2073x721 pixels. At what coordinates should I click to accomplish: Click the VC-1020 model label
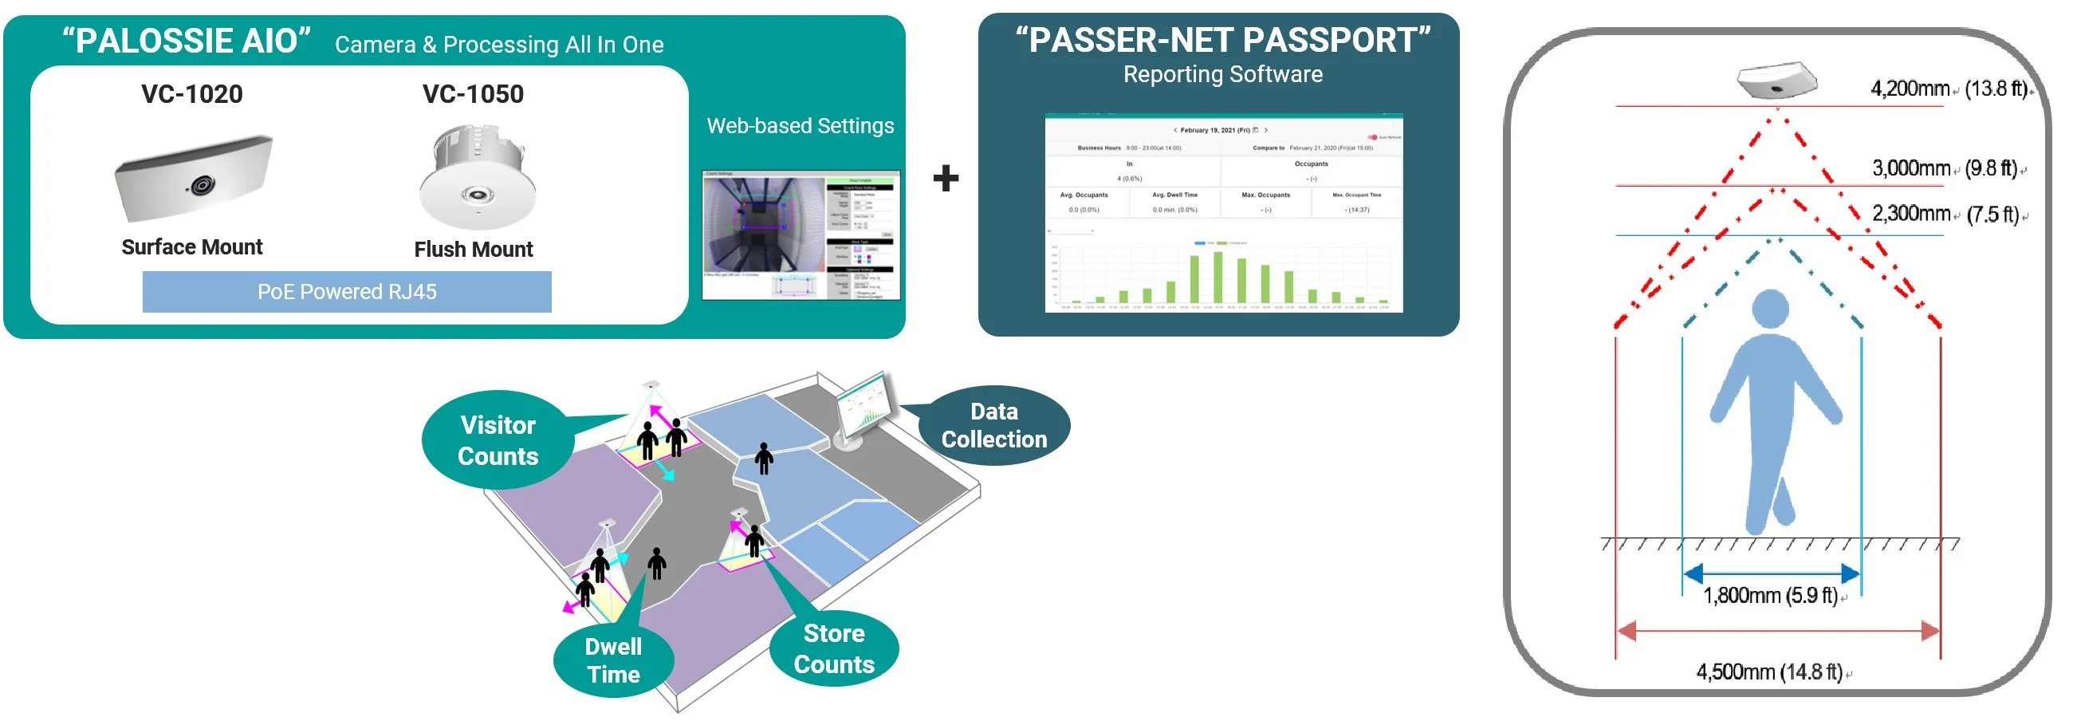[191, 94]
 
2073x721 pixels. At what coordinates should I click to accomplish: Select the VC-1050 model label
[473, 94]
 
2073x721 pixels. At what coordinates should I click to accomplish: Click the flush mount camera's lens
[477, 194]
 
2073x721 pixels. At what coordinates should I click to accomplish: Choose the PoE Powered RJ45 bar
[347, 292]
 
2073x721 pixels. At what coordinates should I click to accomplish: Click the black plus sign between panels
[946, 178]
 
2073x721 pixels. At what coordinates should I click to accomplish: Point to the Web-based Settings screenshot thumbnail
[800, 235]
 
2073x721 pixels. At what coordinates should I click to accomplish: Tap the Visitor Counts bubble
[498, 440]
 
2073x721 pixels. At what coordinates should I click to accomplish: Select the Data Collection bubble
[994, 426]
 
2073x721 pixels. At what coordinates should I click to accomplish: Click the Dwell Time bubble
[613, 660]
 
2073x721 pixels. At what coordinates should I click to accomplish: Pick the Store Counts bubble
[834, 648]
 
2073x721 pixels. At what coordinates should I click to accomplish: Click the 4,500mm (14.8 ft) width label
[1769, 672]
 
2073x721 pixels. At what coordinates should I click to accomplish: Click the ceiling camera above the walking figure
[1776, 80]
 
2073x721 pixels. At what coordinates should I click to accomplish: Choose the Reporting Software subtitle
[1222, 74]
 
